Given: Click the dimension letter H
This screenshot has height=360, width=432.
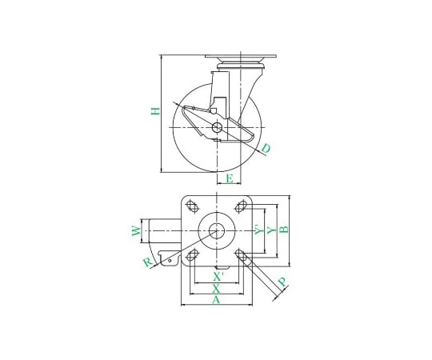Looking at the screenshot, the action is (x=156, y=110).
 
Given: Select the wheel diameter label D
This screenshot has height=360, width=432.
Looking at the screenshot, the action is (x=266, y=149).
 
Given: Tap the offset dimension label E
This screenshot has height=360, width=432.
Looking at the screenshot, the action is (x=230, y=178).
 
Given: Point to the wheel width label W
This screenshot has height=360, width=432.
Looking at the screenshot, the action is (x=136, y=231).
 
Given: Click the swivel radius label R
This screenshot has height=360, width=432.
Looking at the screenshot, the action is (x=148, y=262).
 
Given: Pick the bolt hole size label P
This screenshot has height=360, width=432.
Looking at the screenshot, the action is (x=282, y=282).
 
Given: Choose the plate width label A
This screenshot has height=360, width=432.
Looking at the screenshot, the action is (x=216, y=300).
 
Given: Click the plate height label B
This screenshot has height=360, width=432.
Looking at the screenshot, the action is (x=284, y=230).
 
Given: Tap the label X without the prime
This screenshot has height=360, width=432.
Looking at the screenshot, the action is (x=216, y=289).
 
